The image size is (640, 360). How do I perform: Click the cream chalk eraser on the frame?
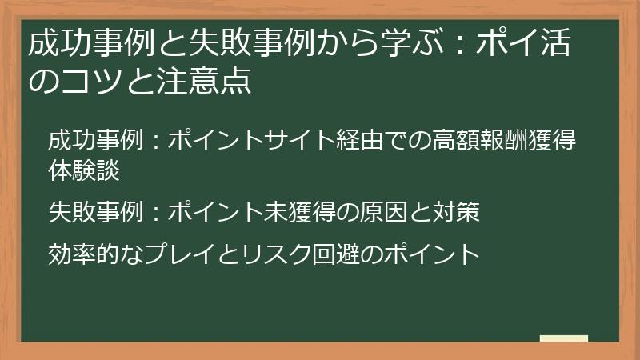pyautogui.click(x=563, y=338)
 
